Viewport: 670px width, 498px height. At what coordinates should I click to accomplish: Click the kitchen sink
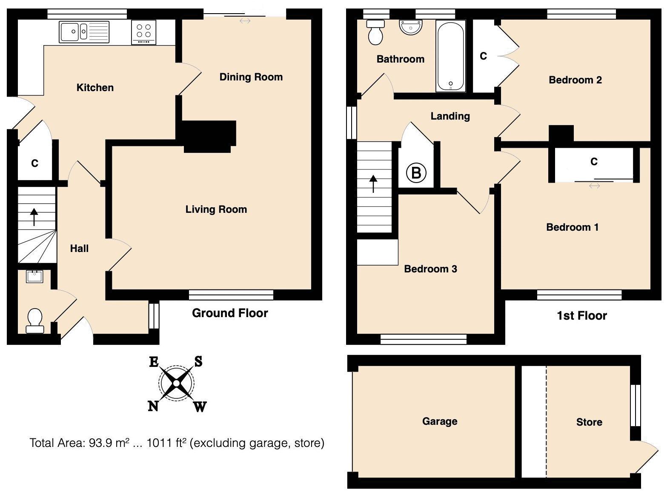[x=84, y=32]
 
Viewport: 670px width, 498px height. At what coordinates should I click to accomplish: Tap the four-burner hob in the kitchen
[x=144, y=32]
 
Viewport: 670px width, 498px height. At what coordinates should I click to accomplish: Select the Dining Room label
[x=251, y=77]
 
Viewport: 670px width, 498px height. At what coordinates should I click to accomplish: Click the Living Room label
[x=216, y=209]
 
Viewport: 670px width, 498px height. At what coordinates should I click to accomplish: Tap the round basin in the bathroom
[x=411, y=28]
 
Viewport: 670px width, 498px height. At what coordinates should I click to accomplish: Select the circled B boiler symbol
[x=416, y=173]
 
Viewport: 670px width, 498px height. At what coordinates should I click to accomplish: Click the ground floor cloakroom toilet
[x=34, y=321]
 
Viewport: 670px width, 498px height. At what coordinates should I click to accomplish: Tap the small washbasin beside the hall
[x=34, y=277]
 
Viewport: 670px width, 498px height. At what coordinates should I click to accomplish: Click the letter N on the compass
[x=153, y=406]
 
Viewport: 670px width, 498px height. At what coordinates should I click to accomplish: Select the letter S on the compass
[x=198, y=362]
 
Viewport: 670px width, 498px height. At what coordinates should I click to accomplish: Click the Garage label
[x=440, y=421]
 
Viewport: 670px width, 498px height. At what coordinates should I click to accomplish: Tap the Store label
[x=589, y=422]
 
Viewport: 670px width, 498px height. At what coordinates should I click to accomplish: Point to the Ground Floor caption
[x=230, y=313]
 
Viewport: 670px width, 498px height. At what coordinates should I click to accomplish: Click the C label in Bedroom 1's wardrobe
[x=594, y=162]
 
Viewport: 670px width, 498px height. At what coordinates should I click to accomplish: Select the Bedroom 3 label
[x=430, y=269]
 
